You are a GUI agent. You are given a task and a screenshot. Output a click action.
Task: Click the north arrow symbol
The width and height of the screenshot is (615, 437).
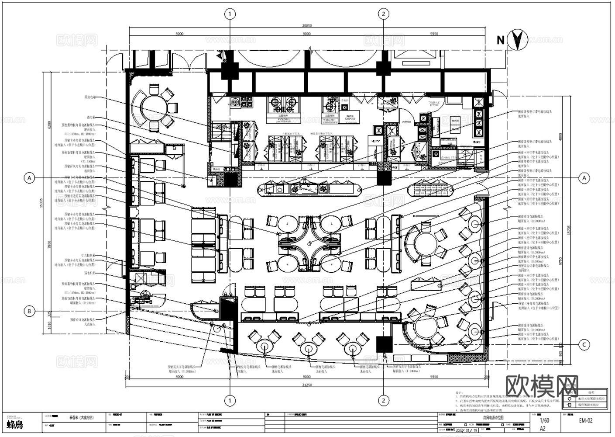coord(518,40)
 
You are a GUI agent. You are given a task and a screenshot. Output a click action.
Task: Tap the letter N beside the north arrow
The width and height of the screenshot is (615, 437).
coord(501,40)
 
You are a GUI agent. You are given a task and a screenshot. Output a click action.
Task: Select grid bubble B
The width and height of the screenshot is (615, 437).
coord(29,311)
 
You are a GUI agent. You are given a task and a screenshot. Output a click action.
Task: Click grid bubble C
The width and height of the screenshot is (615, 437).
coord(584,345)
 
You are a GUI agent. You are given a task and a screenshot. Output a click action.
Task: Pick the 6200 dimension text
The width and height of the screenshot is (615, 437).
coord(49,127)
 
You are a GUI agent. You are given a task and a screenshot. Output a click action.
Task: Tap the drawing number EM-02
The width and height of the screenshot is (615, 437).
coord(586,420)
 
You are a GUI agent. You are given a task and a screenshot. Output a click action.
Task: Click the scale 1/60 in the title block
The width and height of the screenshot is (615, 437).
coord(544,420)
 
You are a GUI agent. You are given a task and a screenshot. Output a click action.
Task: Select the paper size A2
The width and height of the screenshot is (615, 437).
coord(543,429)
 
